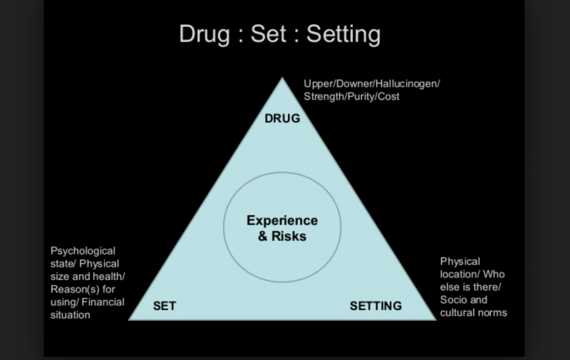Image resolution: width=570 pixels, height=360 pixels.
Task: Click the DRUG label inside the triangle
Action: pyautogui.click(x=281, y=118)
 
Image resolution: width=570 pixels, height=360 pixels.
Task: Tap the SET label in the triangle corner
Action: pyautogui.click(x=165, y=307)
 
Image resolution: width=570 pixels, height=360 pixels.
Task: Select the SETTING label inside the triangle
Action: pyautogui.click(x=375, y=307)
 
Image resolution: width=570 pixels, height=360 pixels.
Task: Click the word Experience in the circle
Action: pyautogui.click(x=281, y=221)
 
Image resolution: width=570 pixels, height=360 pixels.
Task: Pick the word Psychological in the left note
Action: pyautogui.click(x=83, y=251)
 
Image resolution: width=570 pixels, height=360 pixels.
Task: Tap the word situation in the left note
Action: pyautogui.click(x=70, y=315)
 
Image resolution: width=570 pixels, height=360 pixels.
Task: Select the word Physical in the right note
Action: pyautogui.click(x=460, y=262)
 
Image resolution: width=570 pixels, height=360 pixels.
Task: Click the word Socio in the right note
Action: pyautogui.click(x=454, y=299)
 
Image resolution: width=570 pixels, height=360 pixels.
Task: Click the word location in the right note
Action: pyautogui.click(x=459, y=274)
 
